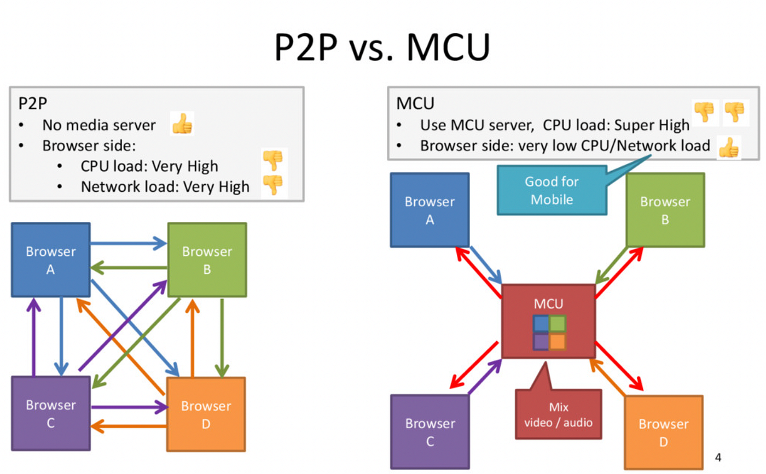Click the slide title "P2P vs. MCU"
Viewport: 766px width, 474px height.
[382, 48]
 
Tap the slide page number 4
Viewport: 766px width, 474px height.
[718, 457]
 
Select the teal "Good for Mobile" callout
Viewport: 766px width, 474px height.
[552, 190]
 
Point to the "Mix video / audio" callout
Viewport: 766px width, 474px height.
[558, 414]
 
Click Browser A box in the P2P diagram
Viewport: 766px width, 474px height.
[50, 260]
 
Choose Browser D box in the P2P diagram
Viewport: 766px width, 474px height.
[206, 414]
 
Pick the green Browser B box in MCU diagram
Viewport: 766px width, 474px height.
[665, 210]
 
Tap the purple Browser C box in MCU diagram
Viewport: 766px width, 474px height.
[430, 432]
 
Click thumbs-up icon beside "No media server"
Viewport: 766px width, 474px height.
[182, 125]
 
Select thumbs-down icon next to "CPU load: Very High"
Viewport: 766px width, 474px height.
[272, 160]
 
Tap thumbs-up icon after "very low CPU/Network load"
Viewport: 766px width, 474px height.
[728, 148]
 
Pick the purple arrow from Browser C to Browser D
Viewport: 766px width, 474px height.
[129, 407]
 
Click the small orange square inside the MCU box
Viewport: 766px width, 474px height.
[557, 341]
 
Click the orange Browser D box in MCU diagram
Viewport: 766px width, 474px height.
[663, 432]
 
